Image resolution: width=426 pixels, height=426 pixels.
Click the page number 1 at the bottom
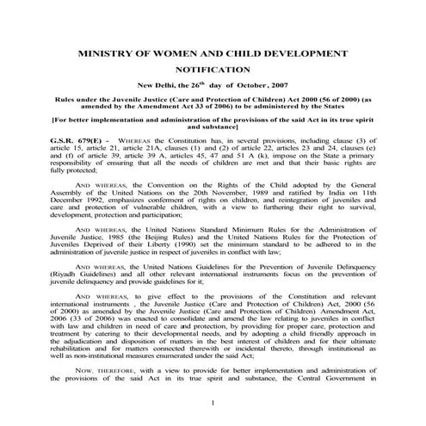click(x=213, y=403)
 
